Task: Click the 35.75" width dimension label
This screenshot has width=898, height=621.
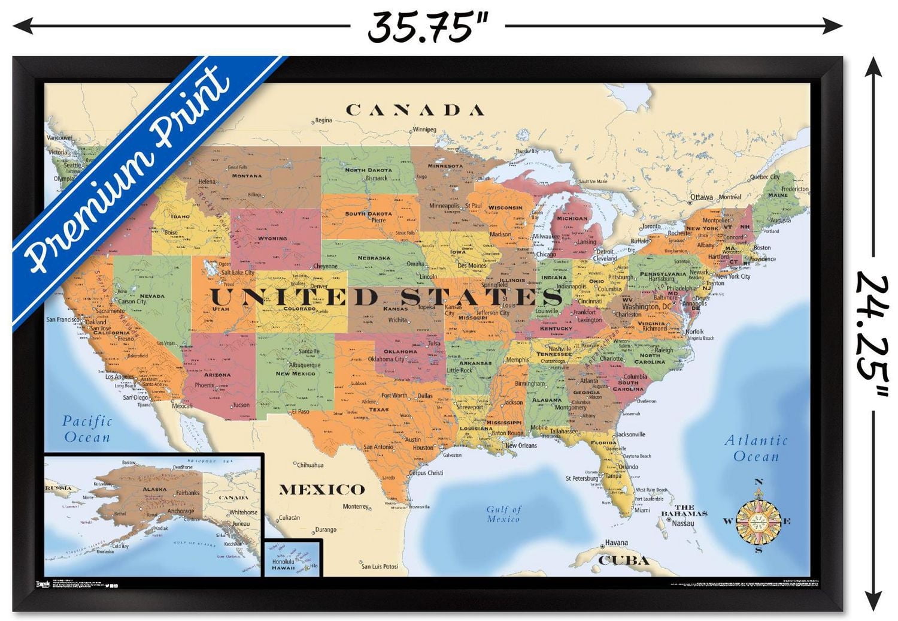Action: coord(427,27)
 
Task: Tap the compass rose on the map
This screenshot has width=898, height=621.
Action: coord(758,520)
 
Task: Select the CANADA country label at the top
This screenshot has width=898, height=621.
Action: coord(415,110)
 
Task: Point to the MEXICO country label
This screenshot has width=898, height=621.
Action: coord(322,490)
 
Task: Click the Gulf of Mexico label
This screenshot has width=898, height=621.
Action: coord(503,514)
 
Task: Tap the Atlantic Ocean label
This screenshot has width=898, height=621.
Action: coord(756,448)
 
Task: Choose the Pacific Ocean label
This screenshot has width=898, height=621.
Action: coord(87,429)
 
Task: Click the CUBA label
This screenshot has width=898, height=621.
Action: coord(624,560)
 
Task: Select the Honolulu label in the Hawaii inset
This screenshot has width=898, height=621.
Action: coord(283,562)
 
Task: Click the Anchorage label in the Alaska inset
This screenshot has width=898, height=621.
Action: coord(180,511)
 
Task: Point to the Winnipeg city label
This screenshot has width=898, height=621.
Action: coord(424,129)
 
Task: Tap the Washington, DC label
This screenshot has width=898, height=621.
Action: coord(647,306)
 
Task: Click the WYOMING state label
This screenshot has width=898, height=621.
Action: coord(272,239)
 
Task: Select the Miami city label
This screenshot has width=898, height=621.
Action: coord(642,510)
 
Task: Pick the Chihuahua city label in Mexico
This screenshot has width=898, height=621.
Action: coord(310,465)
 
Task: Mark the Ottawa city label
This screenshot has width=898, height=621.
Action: coord(702,197)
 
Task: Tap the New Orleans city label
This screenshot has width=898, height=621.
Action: coord(521,445)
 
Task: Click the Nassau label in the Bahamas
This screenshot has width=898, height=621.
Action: coord(682,523)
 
